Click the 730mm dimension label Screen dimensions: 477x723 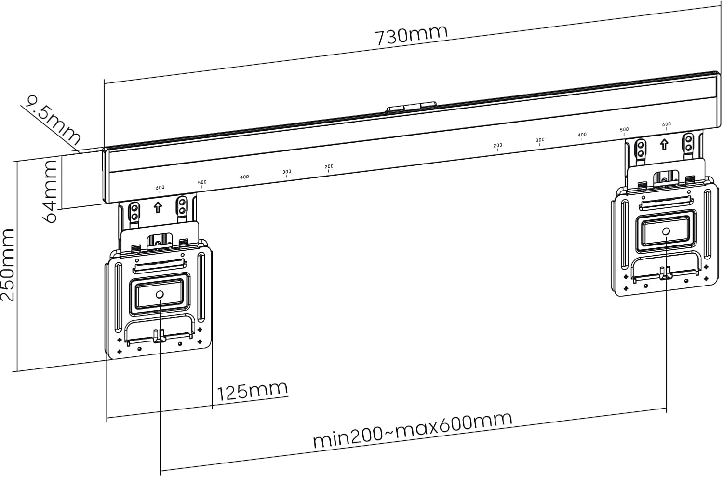[x=411, y=34]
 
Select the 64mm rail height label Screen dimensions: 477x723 [x=51, y=191]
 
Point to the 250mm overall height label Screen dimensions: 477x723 [x=8, y=265]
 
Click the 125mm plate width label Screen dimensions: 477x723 [x=252, y=391]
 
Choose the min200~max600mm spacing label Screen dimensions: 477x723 [x=412, y=430]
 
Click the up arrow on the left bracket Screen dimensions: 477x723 [x=158, y=208]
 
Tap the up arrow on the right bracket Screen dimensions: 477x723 [x=664, y=144]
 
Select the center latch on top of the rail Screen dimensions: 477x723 [x=411, y=107]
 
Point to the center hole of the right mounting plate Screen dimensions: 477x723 [x=666, y=232]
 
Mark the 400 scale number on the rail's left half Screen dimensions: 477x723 [x=244, y=177]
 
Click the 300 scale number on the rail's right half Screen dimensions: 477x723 [x=540, y=140]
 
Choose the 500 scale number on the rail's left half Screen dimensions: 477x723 [x=202, y=182]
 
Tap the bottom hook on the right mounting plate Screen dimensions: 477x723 [x=666, y=273]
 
